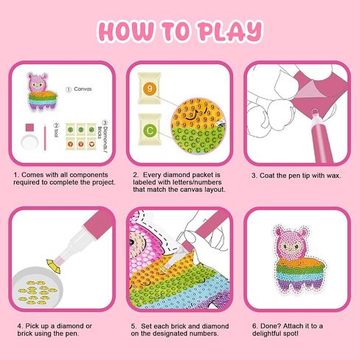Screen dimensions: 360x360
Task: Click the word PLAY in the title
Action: pyautogui.click(x=230, y=31)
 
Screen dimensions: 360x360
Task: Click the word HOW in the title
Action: pyautogui.click(x=126, y=31)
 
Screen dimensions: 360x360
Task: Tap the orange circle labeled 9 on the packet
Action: pyautogui.click(x=150, y=89)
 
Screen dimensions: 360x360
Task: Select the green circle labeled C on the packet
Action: pyautogui.click(x=150, y=131)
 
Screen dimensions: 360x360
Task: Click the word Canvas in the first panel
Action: pyautogui.click(x=83, y=89)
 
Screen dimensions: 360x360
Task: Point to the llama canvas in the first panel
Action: pyautogui.click(x=42, y=91)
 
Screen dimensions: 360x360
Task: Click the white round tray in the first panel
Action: pyautogui.click(x=30, y=142)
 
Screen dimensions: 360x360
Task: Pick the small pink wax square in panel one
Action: pyautogui.click(x=30, y=128)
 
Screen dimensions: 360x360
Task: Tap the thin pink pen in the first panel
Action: pyautogui.click(x=45, y=137)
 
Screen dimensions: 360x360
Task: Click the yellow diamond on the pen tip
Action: pyautogui.click(x=54, y=266)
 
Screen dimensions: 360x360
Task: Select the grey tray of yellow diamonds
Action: pyautogui.click(x=37, y=287)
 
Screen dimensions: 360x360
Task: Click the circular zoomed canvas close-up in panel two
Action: pyautogui.click(x=198, y=126)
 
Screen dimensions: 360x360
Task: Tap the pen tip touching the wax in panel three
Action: pyautogui.click(x=314, y=112)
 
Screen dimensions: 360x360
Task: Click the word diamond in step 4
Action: pyautogui.click(x=70, y=326)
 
